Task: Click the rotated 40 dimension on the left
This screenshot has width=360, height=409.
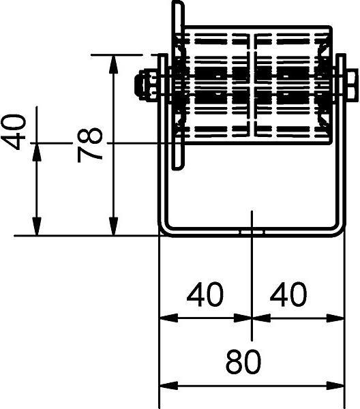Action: [x=14, y=132]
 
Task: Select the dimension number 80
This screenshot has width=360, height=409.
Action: [x=243, y=361]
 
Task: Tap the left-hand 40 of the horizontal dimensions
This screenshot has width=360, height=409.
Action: [x=205, y=294]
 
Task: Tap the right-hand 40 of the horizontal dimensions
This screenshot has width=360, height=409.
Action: [x=288, y=294]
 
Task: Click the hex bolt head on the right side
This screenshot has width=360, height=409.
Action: [x=352, y=85]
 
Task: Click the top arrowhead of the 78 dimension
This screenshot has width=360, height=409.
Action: [x=113, y=63]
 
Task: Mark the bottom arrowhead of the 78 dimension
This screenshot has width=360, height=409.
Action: [x=113, y=226]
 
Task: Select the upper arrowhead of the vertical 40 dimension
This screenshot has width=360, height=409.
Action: [x=37, y=152]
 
